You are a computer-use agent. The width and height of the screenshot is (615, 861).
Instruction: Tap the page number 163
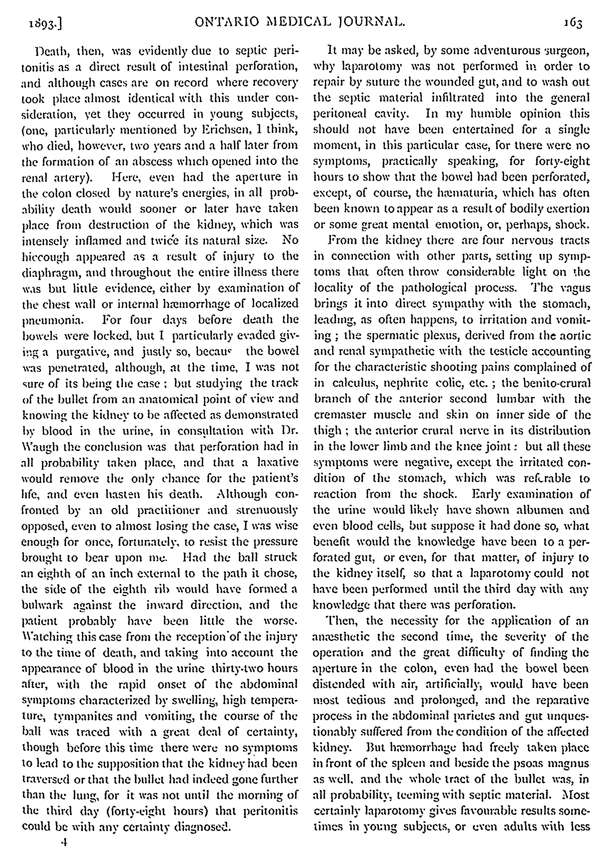coord(572,24)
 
